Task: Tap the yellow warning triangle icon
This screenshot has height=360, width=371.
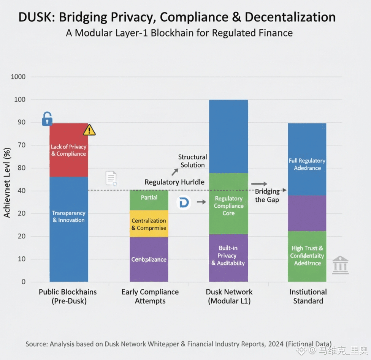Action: click(89, 130)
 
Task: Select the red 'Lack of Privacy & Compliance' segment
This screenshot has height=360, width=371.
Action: click(69, 150)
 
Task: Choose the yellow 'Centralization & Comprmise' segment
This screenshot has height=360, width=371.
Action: click(149, 224)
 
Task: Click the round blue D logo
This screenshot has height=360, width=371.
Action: click(184, 203)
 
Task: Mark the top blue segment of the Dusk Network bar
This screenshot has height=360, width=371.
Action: click(228, 136)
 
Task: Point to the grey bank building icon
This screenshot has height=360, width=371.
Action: click(340, 265)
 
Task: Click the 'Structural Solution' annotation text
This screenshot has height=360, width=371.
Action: click(192, 161)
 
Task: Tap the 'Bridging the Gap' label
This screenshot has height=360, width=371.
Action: click(267, 195)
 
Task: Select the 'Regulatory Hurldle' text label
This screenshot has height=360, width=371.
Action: click(174, 182)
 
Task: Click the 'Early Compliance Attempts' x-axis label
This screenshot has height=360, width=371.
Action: click(150, 296)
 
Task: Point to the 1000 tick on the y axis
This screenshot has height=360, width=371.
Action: click(18, 77)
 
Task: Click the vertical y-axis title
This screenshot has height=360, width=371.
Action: click(7, 182)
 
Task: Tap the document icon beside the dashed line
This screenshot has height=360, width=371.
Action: click(111, 178)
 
